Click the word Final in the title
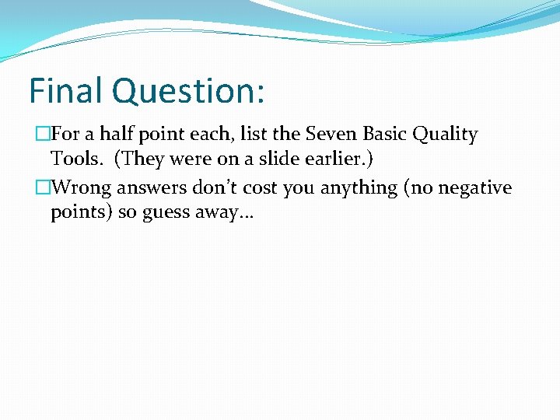coord(65,90)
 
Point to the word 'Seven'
coord(331,134)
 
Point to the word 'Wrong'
coord(82,188)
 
